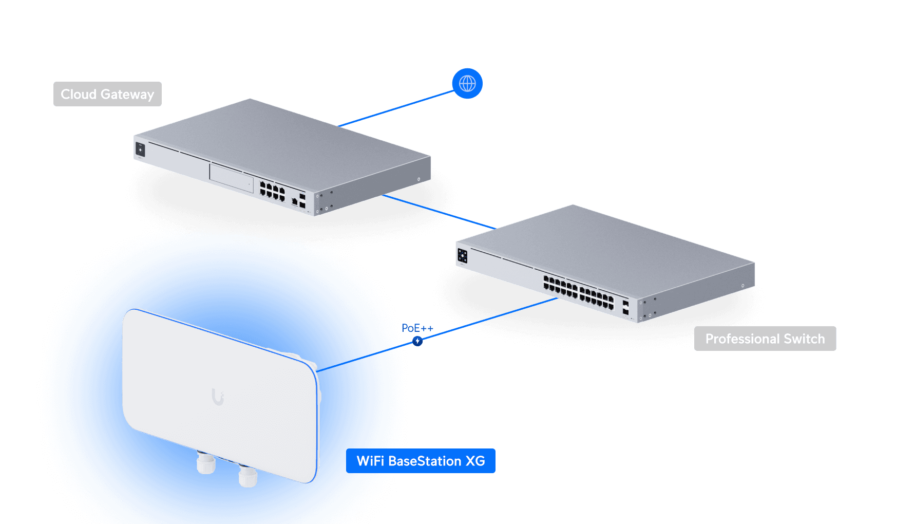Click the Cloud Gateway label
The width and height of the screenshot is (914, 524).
(x=107, y=94)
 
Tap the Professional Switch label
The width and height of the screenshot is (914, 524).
(x=765, y=339)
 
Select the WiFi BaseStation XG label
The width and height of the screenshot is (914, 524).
(x=421, y=461)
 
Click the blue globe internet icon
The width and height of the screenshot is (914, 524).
(x=467, y=83)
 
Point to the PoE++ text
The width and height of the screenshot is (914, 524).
(x=417, y=328)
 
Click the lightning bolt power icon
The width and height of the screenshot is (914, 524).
(x=417, y=341)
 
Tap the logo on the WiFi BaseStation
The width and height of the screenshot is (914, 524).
(x=218, y=397)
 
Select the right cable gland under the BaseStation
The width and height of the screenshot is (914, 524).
(x=248, y=476)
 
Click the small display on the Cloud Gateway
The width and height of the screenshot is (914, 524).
(x=140, y=149)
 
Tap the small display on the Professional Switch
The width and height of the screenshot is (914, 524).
(x=462, y=255)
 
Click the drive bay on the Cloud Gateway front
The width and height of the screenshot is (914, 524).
(x=232, y=178)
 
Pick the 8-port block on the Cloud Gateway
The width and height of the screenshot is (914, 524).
(x=272, y=191)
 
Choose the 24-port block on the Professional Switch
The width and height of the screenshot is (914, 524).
(x=579, y=293)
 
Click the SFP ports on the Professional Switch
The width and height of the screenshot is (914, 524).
(x=625, y=308)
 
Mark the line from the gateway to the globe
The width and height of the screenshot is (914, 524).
(x=395, y=108)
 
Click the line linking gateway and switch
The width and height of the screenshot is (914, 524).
(x=439, y=211)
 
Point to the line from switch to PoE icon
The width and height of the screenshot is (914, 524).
(x=488, y=320)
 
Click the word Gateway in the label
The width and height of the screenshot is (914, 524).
(x=127, y=94)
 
